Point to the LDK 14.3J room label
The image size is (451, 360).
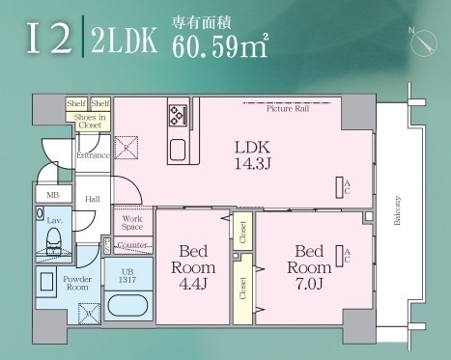pyautogui.click(x=254, y=154)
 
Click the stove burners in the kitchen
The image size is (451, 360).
pyautogui.click(x=179, y=116)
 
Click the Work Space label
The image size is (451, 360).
pyautogui.click(x=132, y=223)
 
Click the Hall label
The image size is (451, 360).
pyautogui.click(x=92, y=199)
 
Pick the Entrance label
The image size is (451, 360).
pyautogui.click(x=93, y=155)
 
